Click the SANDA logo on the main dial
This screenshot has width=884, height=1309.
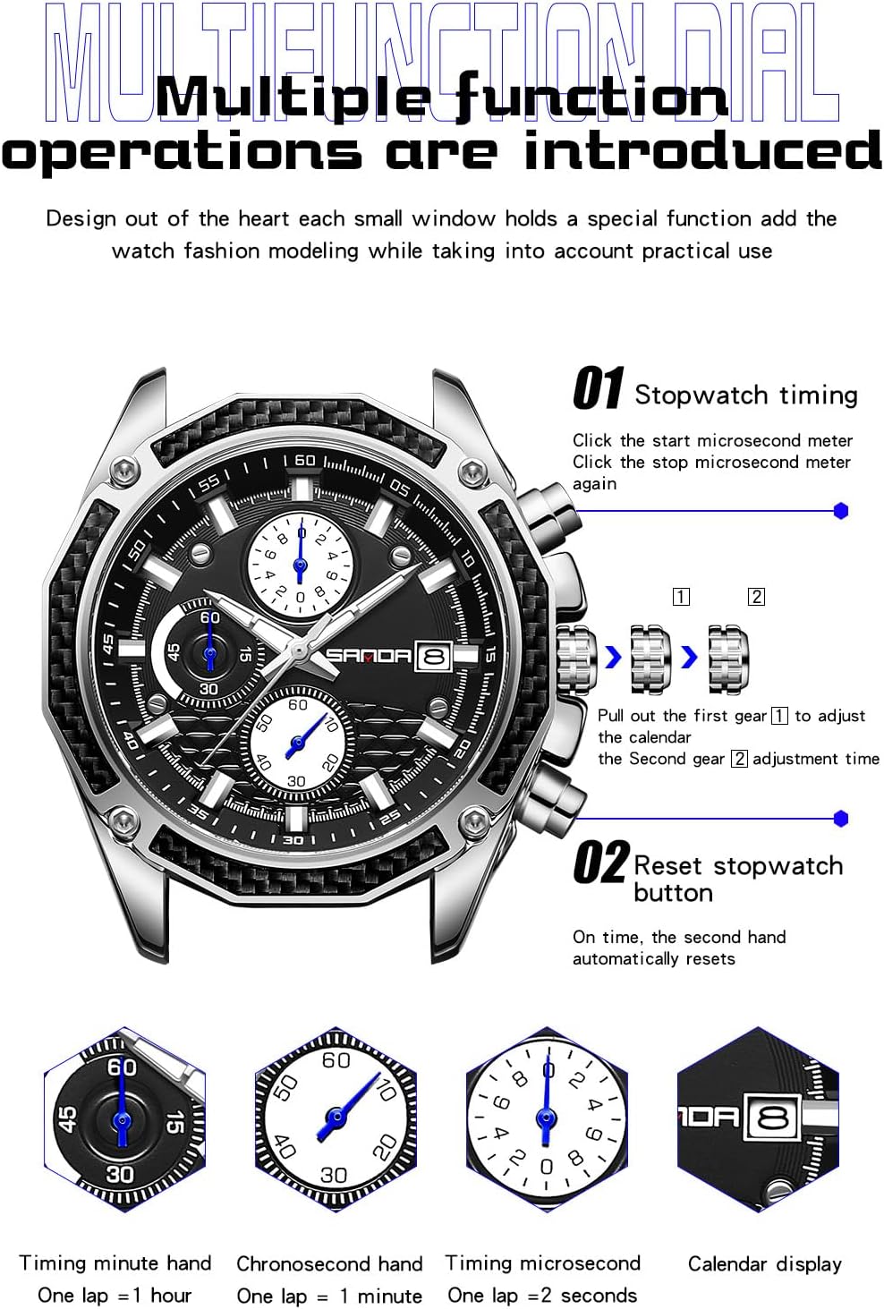(x=369, y=656)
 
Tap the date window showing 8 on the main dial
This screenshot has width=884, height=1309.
(x=434, y=657)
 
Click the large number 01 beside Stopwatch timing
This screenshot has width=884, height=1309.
(x=599, y=388)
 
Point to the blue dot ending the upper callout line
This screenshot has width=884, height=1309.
(x=840, y=511)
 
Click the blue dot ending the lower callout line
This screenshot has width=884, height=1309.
(x=840, y=819)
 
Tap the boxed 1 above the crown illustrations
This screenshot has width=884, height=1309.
(x=681, y=597)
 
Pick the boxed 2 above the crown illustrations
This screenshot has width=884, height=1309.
(x=756, y=597)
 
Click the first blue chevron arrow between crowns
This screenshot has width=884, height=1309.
(x=613, y=658)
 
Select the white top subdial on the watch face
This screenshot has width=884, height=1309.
(x=301, y=565)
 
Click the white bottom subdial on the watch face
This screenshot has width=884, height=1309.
(x=299, y=743)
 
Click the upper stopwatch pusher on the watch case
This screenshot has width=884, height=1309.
(x=549, y=511)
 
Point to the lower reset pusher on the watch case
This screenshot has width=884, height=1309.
(x=553, y=795)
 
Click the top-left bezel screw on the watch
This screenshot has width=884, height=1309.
(x=125, y=471)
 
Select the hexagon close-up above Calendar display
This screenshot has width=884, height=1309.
(x=758, y=1118)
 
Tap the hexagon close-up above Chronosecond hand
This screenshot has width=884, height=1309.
(x=336, y=1118)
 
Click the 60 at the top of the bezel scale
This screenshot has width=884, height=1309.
(x=305, y=461)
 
